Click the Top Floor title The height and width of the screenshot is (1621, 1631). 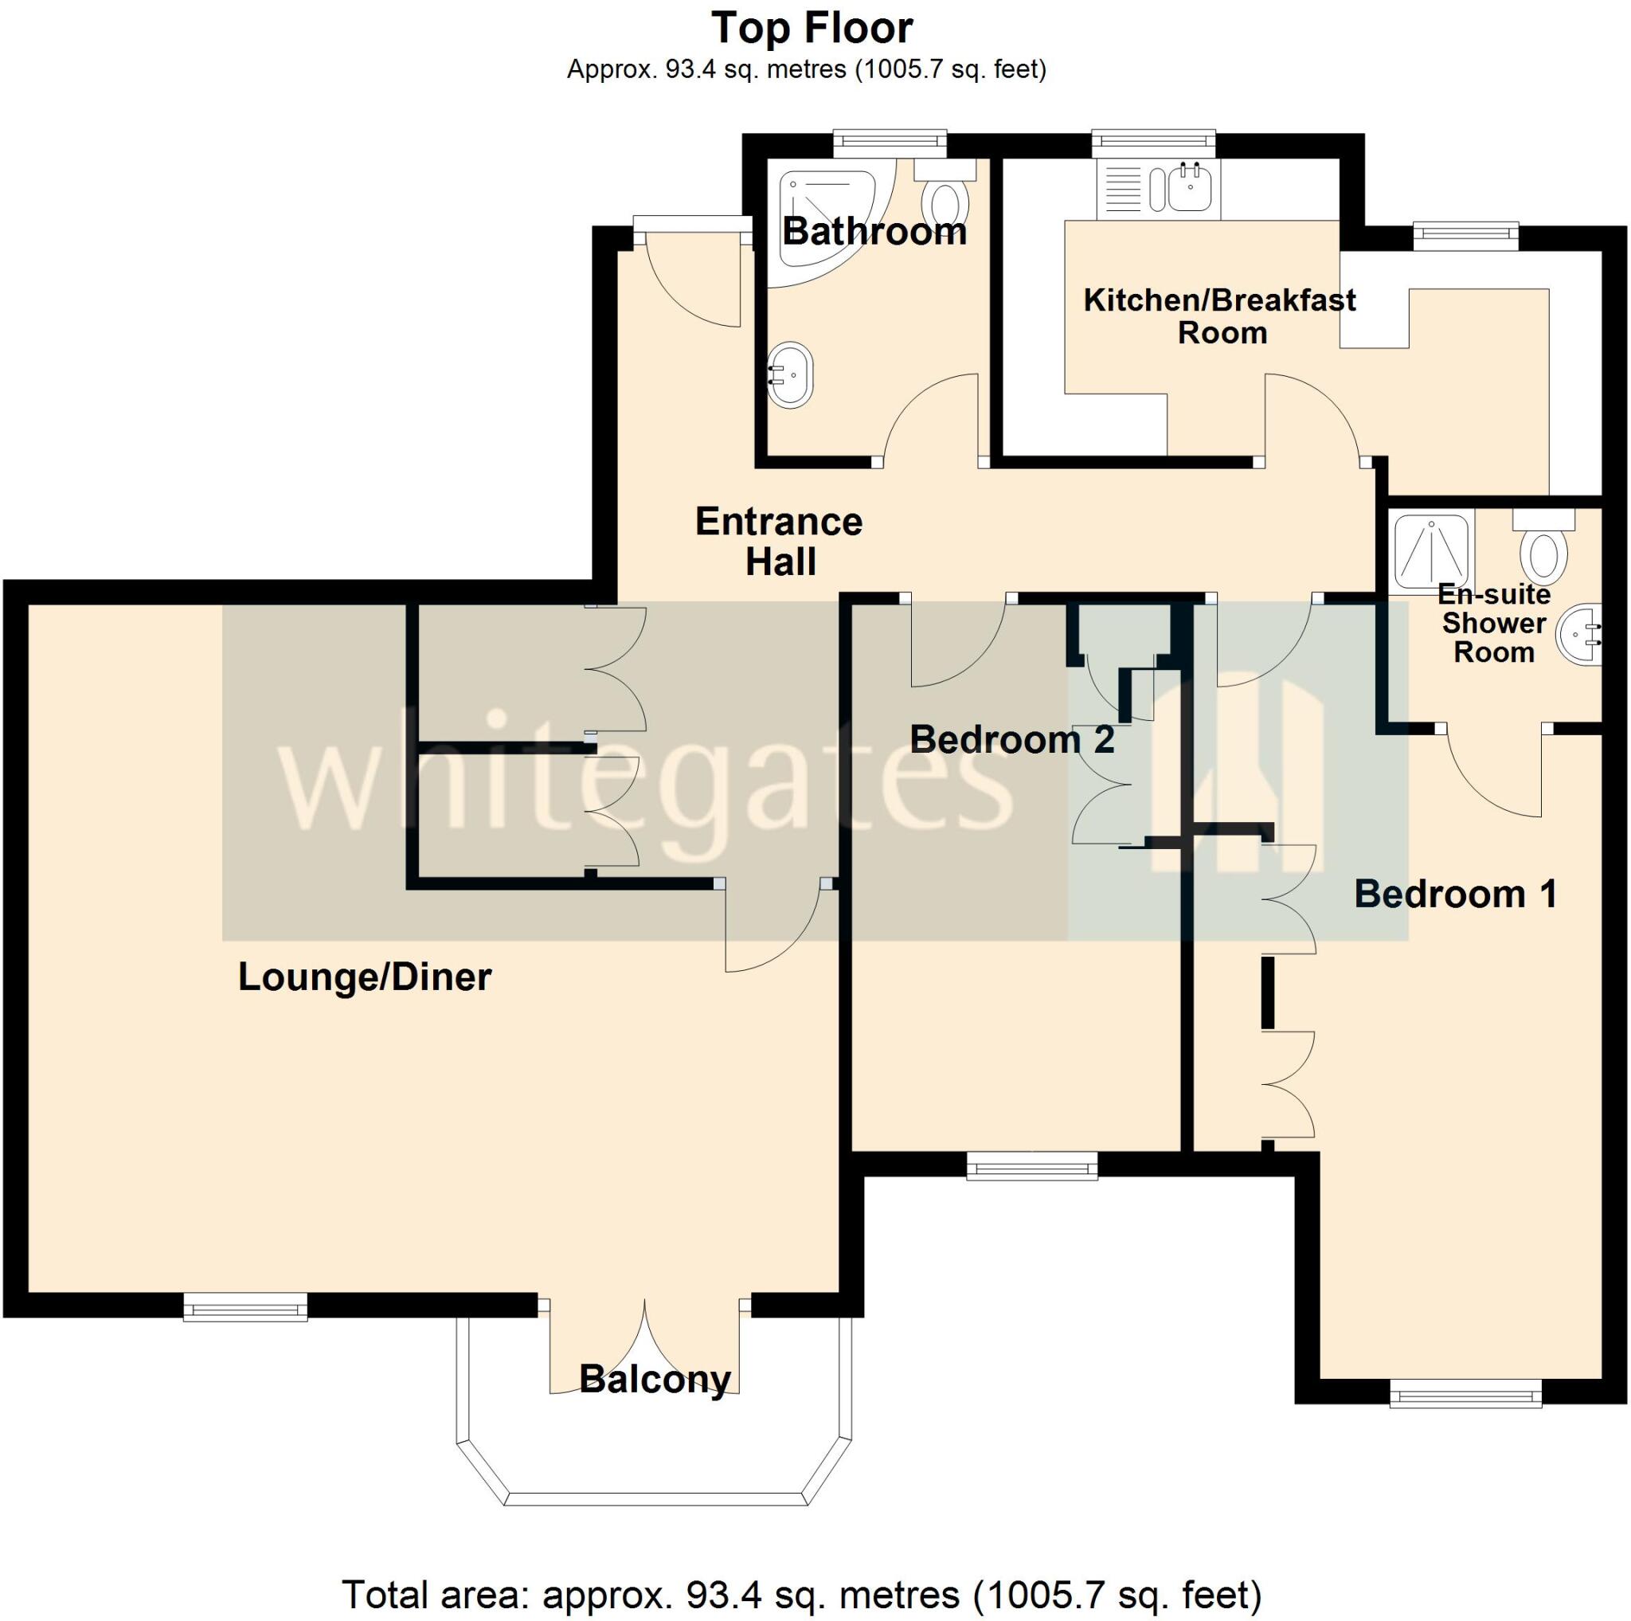point(812,29)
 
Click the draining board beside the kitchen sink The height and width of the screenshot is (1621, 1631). point(1122,188)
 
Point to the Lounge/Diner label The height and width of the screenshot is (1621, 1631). point(365,977)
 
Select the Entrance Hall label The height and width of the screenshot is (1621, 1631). point(779,541)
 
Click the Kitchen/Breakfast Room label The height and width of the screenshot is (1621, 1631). point(1220,315)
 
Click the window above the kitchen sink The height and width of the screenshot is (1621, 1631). point(1153,143)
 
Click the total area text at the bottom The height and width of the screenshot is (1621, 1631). point(801,1595)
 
